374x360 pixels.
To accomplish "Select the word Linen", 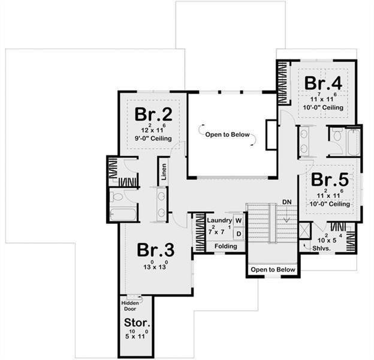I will click(164, 172).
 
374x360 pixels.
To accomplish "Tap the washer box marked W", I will click(239, 221).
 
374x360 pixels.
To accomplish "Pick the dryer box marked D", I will click(239, 233).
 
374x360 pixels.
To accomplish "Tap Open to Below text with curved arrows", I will click(227, 134).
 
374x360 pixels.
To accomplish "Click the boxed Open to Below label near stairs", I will click(273, 269).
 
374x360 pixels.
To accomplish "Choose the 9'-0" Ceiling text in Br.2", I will click(153, 139).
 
